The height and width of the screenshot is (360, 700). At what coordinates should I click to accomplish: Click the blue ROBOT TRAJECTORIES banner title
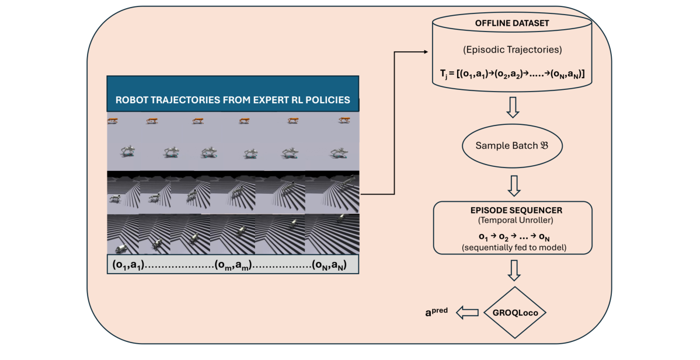[x=232, y=100]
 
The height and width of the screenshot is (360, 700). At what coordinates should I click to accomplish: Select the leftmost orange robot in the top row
[x=113, y=120]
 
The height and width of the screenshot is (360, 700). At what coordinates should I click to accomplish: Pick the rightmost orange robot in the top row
[x=344, y=120]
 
